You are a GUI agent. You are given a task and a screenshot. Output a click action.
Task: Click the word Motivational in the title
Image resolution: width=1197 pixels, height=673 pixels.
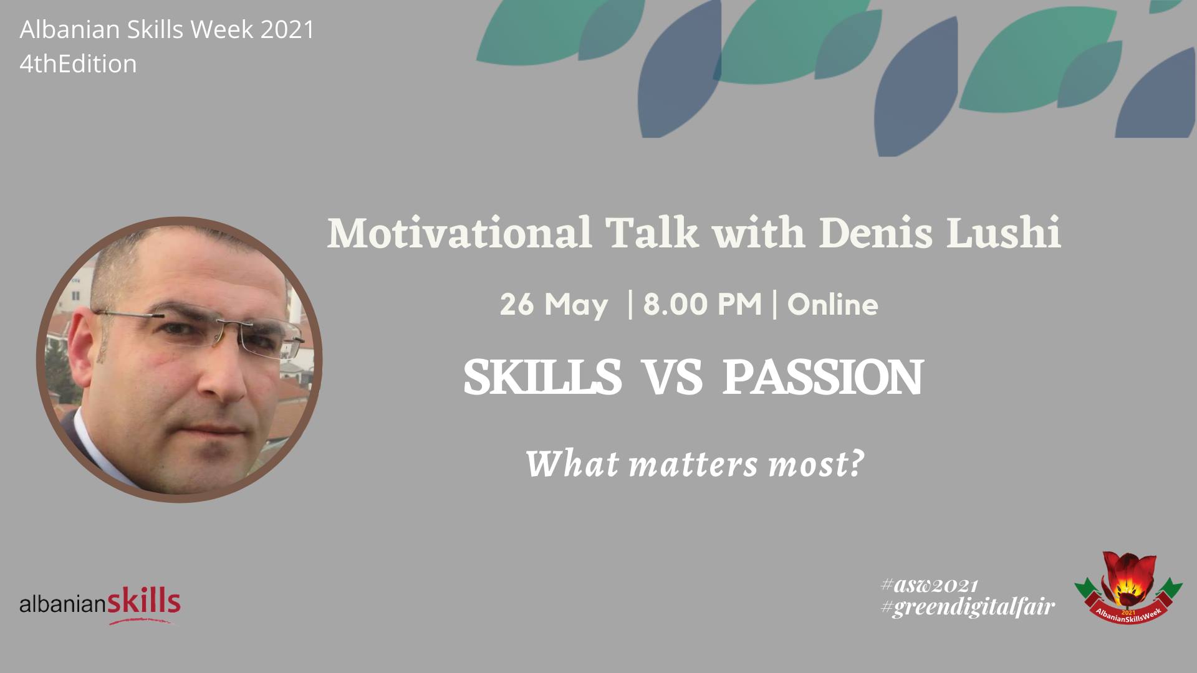point(459,234)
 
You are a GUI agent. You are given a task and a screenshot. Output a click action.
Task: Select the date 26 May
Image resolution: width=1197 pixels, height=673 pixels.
point(554,305)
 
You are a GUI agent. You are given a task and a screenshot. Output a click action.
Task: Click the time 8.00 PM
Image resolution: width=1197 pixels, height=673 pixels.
point(702,305)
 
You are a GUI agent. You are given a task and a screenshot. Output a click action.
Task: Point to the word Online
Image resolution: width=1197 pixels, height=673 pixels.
point(833,305)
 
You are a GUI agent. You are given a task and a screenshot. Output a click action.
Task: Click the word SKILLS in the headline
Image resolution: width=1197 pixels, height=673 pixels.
point(542,378)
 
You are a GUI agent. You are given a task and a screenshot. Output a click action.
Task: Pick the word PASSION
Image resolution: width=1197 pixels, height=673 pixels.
point(822,378)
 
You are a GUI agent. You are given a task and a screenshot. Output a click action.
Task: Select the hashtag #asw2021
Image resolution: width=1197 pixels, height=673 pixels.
point(929,586)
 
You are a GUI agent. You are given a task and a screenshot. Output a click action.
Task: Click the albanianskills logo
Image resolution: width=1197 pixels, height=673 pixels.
point(100,604)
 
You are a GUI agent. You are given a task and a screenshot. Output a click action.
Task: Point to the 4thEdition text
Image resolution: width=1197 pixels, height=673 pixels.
point(78,64)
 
